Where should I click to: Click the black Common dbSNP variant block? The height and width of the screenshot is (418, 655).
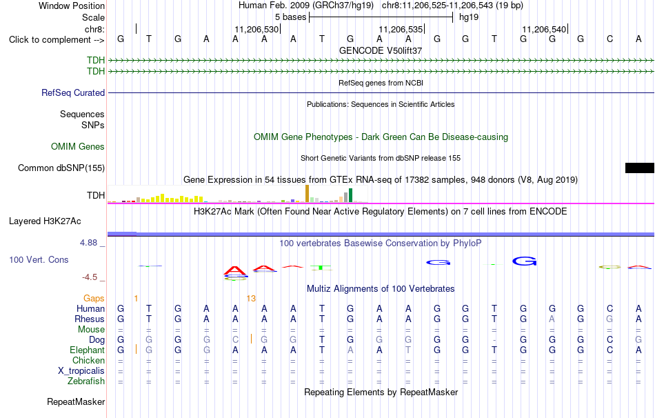click(640, 168)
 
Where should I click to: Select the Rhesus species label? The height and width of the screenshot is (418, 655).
click(90, 319)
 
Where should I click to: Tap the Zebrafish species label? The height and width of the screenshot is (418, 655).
click(86, 381)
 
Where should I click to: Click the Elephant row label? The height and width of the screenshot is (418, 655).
click(87, 350)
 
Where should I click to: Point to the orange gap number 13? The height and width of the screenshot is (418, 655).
click(251, 299)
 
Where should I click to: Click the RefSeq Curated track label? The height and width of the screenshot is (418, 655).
click(73, 93)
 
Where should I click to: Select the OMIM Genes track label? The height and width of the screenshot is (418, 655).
click(78, 147)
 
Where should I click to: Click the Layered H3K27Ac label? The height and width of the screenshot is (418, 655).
click(45, 221)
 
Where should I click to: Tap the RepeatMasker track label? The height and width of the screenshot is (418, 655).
click(76, 401)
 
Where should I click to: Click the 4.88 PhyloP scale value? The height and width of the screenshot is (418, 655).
click(88, 243)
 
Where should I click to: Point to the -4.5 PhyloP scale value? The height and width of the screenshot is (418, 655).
click(90, 277)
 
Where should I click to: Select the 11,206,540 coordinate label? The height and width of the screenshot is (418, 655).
click(544, 29)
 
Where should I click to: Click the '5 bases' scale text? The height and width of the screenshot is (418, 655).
click(291, 17)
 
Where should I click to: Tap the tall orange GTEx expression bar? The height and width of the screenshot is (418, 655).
click(307, 194)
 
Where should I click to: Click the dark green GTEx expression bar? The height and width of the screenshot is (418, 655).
click(350, 195)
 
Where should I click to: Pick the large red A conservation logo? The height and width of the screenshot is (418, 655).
click(235, 271)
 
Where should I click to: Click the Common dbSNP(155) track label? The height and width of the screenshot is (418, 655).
click(61, 168)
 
